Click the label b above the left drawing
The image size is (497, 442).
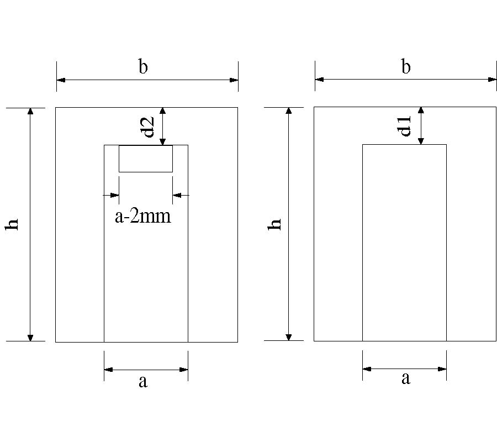(143, 67)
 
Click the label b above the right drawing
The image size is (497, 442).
(406, 67)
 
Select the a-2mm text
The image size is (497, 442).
(143, 216)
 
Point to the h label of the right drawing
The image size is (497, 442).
(276, 224)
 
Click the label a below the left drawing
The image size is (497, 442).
(143, 381)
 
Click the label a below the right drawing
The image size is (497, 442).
(406, 379)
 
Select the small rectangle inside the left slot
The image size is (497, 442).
(146, 159)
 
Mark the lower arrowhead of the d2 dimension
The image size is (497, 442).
(162, 141)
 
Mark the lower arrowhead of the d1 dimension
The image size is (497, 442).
(421, 141)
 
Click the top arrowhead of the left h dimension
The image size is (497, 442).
(30, 111)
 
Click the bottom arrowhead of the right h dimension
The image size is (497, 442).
(288, 337)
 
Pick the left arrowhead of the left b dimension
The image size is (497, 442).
(61, 80)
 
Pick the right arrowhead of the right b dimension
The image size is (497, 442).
(492, 80)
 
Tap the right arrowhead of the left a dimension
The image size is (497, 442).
(184, 370)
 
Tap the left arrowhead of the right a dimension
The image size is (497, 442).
(367, 369)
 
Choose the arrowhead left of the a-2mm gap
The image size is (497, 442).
(115, 195)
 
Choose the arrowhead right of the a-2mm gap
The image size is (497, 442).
(177, 195)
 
